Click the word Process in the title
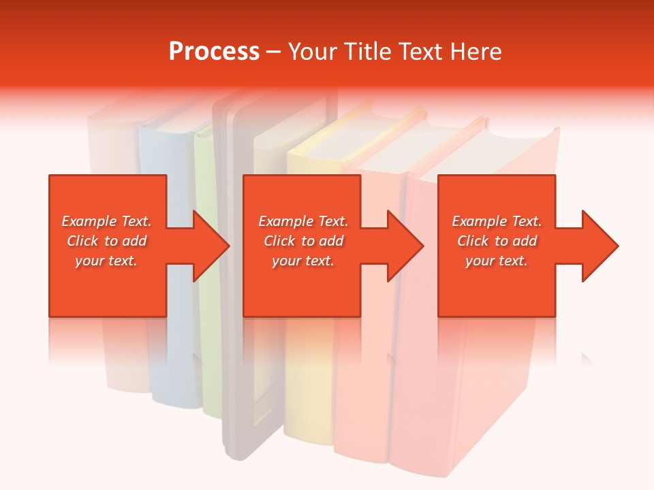click(x=214, y=52)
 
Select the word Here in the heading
click(x=476, y=52)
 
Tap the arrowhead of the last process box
click(x=599, y=246)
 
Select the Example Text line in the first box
click(x=106, y=221)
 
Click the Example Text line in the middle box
click(x=303, y=221)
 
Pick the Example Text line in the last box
click(x=497, y=221)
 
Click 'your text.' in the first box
click(x=106, y=261)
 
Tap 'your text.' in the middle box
click(x=303, y=261)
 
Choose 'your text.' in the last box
click(x=497, y=261)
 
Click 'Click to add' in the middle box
click(x=303, y=241)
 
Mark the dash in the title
click(x=274, y=52)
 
